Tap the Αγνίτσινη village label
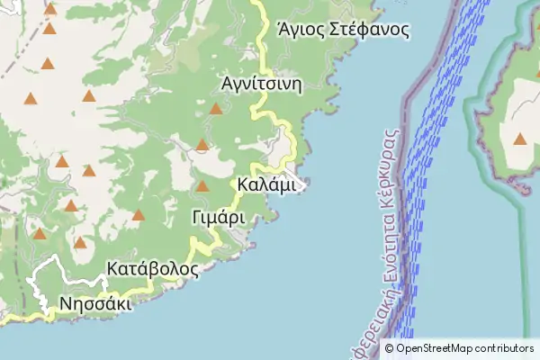click(261, 84)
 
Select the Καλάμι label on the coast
click(266, 184)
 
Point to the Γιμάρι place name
click(219, 218)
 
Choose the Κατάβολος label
click(152, 269)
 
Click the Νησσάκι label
click(95, 303)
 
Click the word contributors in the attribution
click(505, 349)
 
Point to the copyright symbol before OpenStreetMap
click(389, 349)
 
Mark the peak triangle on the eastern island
click(520, 139)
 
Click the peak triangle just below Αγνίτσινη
click(216, 109)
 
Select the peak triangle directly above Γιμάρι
click(202, 186)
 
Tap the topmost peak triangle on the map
click(50, 10)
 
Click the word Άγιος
click(301, 30)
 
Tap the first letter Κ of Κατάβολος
click(112, 269)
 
